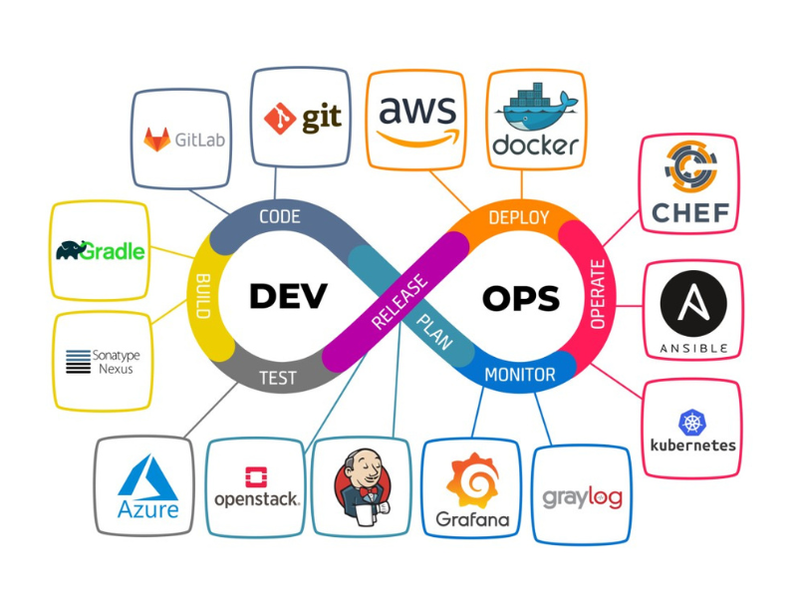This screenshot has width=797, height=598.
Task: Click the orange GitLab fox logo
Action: (156, 139)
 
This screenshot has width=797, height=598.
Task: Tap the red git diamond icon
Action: (280, 119)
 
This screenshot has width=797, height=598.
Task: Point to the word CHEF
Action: (690, 213)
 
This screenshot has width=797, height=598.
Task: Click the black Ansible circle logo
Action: (693, 304)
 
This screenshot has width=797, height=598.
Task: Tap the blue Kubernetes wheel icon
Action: (692, 422)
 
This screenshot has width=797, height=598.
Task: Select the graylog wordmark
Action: (582, 497)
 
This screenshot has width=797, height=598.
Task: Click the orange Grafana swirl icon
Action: (472, 480)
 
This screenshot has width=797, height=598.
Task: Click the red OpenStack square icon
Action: (256, 477)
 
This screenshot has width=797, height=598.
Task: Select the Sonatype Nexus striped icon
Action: (79, 362)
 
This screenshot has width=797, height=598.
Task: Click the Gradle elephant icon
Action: (70, 250)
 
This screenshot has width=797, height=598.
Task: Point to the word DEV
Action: (288, 296)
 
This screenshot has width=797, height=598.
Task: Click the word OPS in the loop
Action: (521, 298)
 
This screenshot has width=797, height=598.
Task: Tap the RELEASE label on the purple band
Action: (399, 302)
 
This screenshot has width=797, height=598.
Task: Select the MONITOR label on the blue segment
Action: (520, 375)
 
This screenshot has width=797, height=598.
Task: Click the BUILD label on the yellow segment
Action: (203, 296)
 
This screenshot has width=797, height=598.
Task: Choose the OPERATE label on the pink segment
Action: (598, 294)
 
